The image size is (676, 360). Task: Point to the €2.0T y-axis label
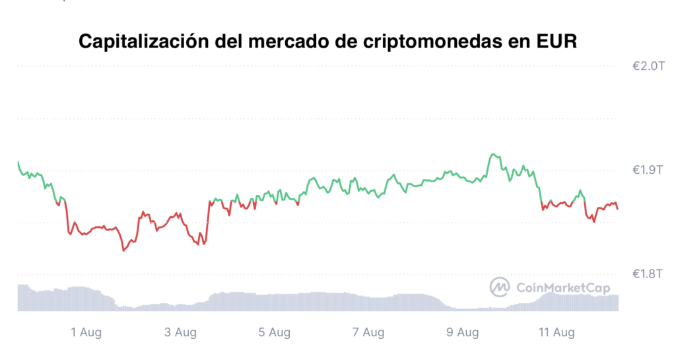coord(648,66)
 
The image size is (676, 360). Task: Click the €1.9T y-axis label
coord(648,170)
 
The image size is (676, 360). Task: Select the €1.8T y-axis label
coord(648,273)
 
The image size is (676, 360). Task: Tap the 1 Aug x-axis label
coord(86,332)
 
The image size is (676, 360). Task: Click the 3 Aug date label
coord(180,332)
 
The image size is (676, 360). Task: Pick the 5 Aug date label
coord(274,332)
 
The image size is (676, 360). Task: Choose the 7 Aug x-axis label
coord(368,332)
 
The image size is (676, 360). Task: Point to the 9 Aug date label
coord(463,332)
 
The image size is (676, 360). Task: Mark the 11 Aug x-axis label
coord(557,332)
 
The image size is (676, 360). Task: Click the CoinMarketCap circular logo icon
coord(500,287)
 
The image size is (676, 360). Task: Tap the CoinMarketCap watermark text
coord(563,288)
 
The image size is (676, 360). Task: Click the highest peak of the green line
coord(492,154)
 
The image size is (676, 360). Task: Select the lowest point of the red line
coord(123,250)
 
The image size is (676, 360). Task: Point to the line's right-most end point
coord(618,209)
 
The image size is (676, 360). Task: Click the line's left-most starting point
coord(18,162)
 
